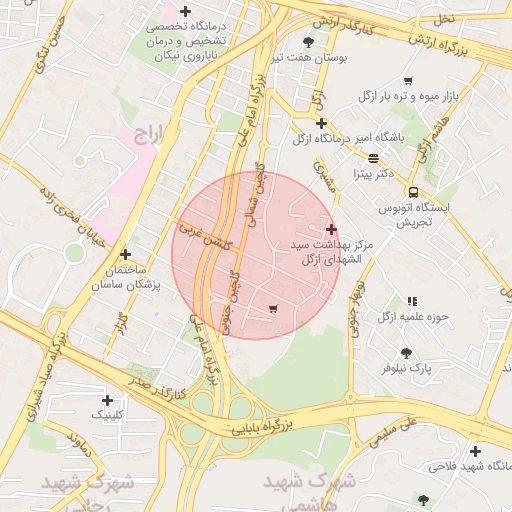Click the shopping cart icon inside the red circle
pos(274,308)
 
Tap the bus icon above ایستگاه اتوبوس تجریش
pos(412,192)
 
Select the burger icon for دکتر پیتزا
pos(373,157)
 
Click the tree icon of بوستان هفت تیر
pos(307,42)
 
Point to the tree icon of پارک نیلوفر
pos(406,352)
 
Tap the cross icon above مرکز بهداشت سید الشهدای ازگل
pos(331,229)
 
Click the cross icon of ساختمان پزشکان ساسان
pos(125,255)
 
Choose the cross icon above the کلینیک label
pos(107,400)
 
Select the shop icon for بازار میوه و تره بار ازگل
pos(408,80)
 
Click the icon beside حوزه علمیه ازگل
pos(412,300)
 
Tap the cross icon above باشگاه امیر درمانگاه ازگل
pos(320,124)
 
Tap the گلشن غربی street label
pos(205,236)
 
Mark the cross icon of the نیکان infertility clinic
pos(185,11)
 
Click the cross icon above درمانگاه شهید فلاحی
pos(474,452)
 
